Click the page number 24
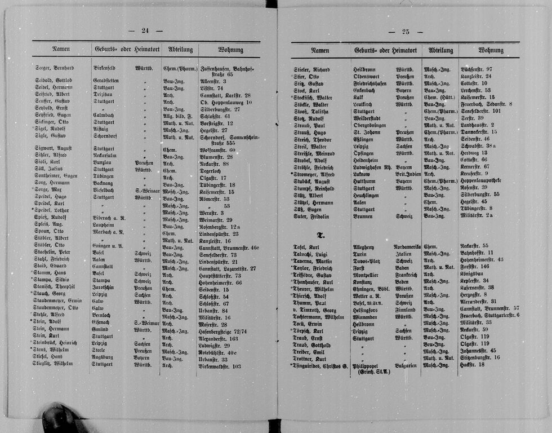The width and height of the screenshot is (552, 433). point(145,30)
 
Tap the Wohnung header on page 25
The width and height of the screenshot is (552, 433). point(491,50)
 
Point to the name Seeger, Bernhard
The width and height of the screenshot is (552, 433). point(54,68)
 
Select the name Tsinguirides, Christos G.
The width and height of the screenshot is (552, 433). point(320,365)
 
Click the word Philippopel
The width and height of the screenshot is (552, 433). point(369,365)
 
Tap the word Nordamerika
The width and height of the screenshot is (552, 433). point(407,246)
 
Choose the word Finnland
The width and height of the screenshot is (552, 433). point(405,309)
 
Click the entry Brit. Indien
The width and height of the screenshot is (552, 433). point(407,174)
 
